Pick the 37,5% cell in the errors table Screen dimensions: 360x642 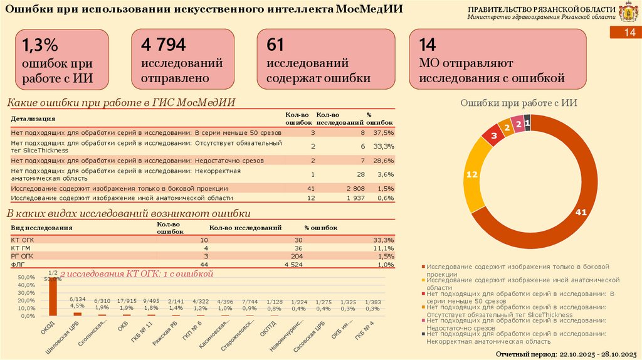383,133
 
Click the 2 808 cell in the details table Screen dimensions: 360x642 355,188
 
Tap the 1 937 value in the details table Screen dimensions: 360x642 355,198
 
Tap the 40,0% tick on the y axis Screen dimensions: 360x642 26,285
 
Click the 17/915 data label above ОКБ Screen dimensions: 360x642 127,300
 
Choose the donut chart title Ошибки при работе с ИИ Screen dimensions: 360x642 519,103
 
